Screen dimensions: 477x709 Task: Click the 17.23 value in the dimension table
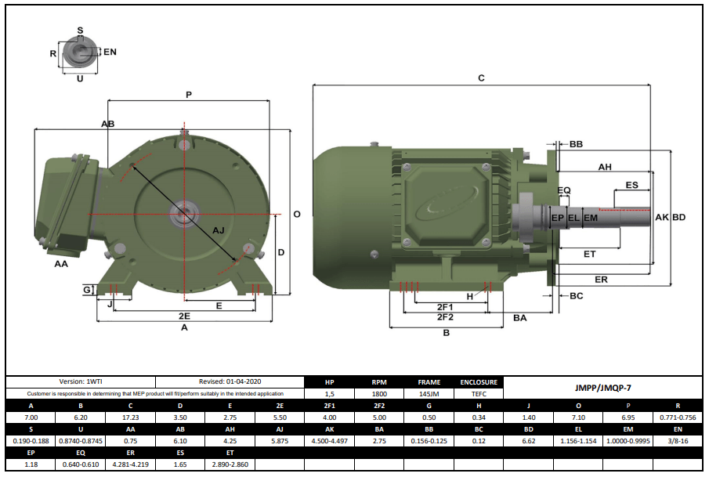point(130,418)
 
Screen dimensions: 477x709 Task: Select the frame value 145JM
point(429,394)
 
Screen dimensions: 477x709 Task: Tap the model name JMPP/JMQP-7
point(602,387)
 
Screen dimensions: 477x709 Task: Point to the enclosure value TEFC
point(479,394)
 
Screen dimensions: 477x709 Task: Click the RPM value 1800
point(378,394)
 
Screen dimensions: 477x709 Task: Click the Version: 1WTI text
point(81,381)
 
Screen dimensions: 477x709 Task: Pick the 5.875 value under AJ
point(279,441)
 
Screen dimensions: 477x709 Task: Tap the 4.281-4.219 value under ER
point(130,464)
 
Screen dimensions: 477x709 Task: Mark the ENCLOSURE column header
point(479,382)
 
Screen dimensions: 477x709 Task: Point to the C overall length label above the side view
point(481,78)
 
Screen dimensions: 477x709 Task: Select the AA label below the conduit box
point(61,264)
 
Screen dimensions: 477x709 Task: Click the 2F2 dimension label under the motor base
point(445,317)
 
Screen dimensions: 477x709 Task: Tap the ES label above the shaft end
point(631,185)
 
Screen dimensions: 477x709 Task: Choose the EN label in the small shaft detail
point(110,52)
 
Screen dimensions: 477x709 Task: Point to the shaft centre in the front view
point(184,212)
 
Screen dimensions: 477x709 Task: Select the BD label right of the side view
point(678,217)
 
